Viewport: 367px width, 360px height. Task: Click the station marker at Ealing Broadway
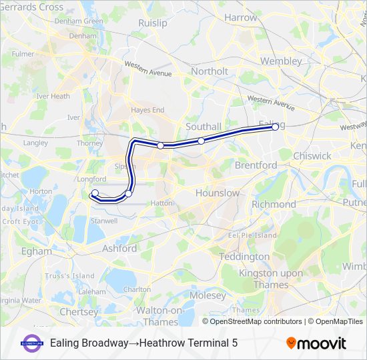(275, 127)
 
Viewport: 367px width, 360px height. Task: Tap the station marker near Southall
(201, 141)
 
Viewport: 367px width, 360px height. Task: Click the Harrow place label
(241, 17)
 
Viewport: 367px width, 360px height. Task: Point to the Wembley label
(281, 61)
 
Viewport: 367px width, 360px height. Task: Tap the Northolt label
(210, 71)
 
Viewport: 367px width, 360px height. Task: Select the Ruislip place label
(153, 23)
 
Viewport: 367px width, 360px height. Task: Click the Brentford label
(256, 165)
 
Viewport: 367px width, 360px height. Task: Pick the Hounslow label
(218, 193)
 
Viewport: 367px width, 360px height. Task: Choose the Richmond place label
(274, 204)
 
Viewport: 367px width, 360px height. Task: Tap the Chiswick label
(312, 155)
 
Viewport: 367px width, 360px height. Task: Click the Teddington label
(245, 256)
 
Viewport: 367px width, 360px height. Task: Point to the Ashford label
(119, 248)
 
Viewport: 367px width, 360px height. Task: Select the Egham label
(36, 251)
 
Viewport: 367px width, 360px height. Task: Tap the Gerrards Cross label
(32, 7)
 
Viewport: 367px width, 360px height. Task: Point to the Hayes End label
(147, 110)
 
